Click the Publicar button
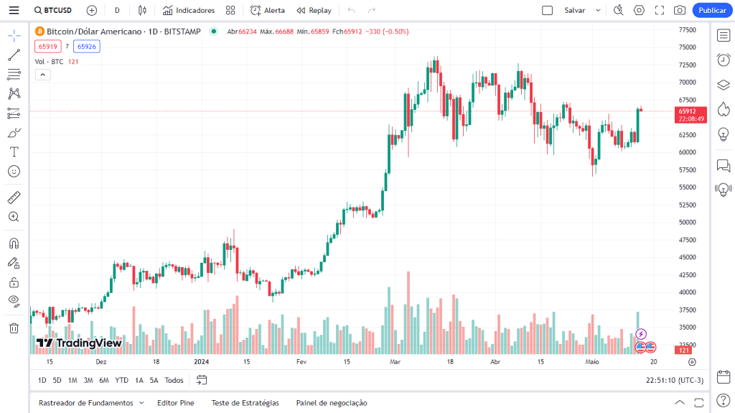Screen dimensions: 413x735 [712, 10]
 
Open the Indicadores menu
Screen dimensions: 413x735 [188, 10]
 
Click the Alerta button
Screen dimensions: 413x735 [268, 10]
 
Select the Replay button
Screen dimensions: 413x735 [314, 10]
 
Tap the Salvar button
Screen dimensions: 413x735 [574, 10]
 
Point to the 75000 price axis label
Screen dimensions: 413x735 [688, 47]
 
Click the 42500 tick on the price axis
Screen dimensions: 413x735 [688, 275]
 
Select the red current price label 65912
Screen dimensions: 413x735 [688, 111]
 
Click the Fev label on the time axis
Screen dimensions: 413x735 [301, 362]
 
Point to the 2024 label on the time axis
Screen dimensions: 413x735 [202, 362]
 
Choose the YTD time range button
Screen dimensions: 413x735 [122, 380]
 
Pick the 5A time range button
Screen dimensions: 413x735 [154, 380]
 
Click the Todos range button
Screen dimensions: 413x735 [174, 380]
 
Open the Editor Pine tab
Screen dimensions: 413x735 [176, 403]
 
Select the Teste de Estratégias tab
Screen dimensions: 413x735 [245, 403]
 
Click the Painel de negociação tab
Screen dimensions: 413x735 [332, 403]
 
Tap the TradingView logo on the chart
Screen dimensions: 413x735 [79, 343]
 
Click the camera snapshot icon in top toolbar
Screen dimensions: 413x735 [680, 10]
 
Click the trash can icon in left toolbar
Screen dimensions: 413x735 [14, 328]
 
